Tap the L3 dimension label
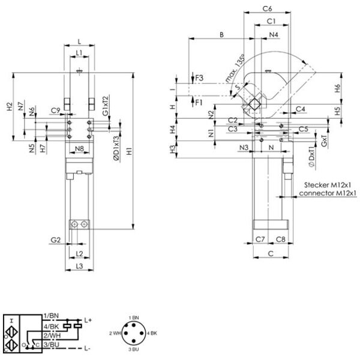pos(79,265)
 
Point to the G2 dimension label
pos(56,240)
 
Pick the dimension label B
pos(221,35)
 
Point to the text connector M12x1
pos(328,193)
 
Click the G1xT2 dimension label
pos(106,106)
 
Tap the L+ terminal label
pos(88,321)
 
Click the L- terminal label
pos(88,348)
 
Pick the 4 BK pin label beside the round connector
pos(153,332)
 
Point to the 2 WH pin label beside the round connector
pos(115,332)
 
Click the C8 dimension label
pos(280,239)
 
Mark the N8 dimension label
pos(79,148)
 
